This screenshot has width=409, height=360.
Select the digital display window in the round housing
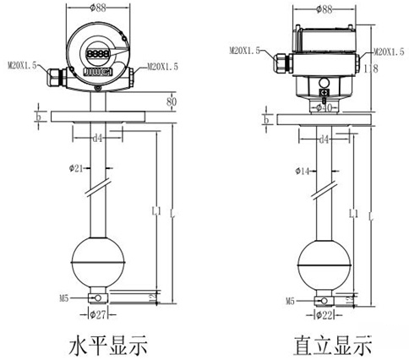(95, 53)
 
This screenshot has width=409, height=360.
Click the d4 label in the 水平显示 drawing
(99, 136)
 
